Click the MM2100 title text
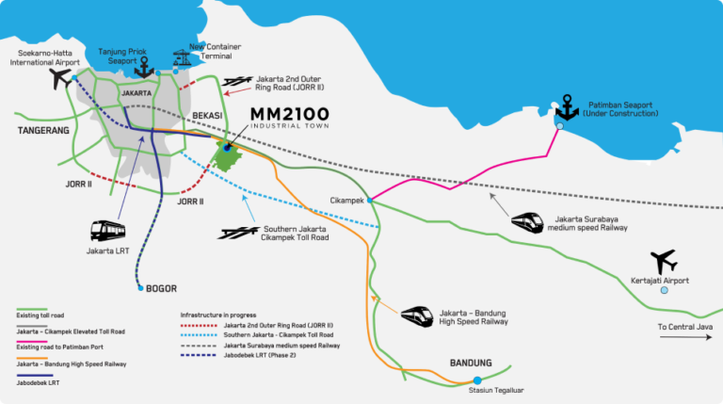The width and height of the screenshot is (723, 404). pyautogui.click(x=290, y=114)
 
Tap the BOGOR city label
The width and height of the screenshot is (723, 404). pyautogui.click(x=161, y=289)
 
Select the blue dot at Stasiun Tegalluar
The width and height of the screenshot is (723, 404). pyautogui.click(x=477, y=380)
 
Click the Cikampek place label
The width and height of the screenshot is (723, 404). pyautogui.click(x=346, y=201)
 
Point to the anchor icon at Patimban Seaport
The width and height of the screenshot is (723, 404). pyautogui.click(x=567, y=108)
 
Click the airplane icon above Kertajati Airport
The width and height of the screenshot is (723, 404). pyautogui.click(x=664, y=262)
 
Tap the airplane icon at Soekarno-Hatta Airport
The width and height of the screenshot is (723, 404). pyautogui.click(x=60, y=78)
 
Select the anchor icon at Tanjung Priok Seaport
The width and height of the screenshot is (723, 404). pyautogui.click(x=144, y=68)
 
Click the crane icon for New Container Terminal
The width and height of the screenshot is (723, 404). pyautogui.click(x=182, y=58)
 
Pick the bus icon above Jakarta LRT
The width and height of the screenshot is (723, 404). pyautogui.click(x=108, y=231)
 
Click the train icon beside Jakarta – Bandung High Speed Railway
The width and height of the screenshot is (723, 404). pyautogui.click(x=417, y=316)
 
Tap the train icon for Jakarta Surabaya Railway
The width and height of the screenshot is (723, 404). pyautogui.click(x=527, y=222)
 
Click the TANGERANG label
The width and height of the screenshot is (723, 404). pyautogui.click(x=43, y=131)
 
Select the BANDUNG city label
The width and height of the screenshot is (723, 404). pyautogui.click(x=471, y=363)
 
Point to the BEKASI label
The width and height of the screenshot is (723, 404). pyautogui.click(x=207, y=115)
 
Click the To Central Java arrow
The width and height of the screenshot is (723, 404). pyautogui.click(x=685, y=337)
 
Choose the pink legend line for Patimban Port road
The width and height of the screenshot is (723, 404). pyautogui.click(x=32, y=342)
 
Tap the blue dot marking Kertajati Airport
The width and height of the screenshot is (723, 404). pyautogui.click(x=664, y=290)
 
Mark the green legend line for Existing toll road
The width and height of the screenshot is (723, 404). pyautogui.click(x=32, y=310)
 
